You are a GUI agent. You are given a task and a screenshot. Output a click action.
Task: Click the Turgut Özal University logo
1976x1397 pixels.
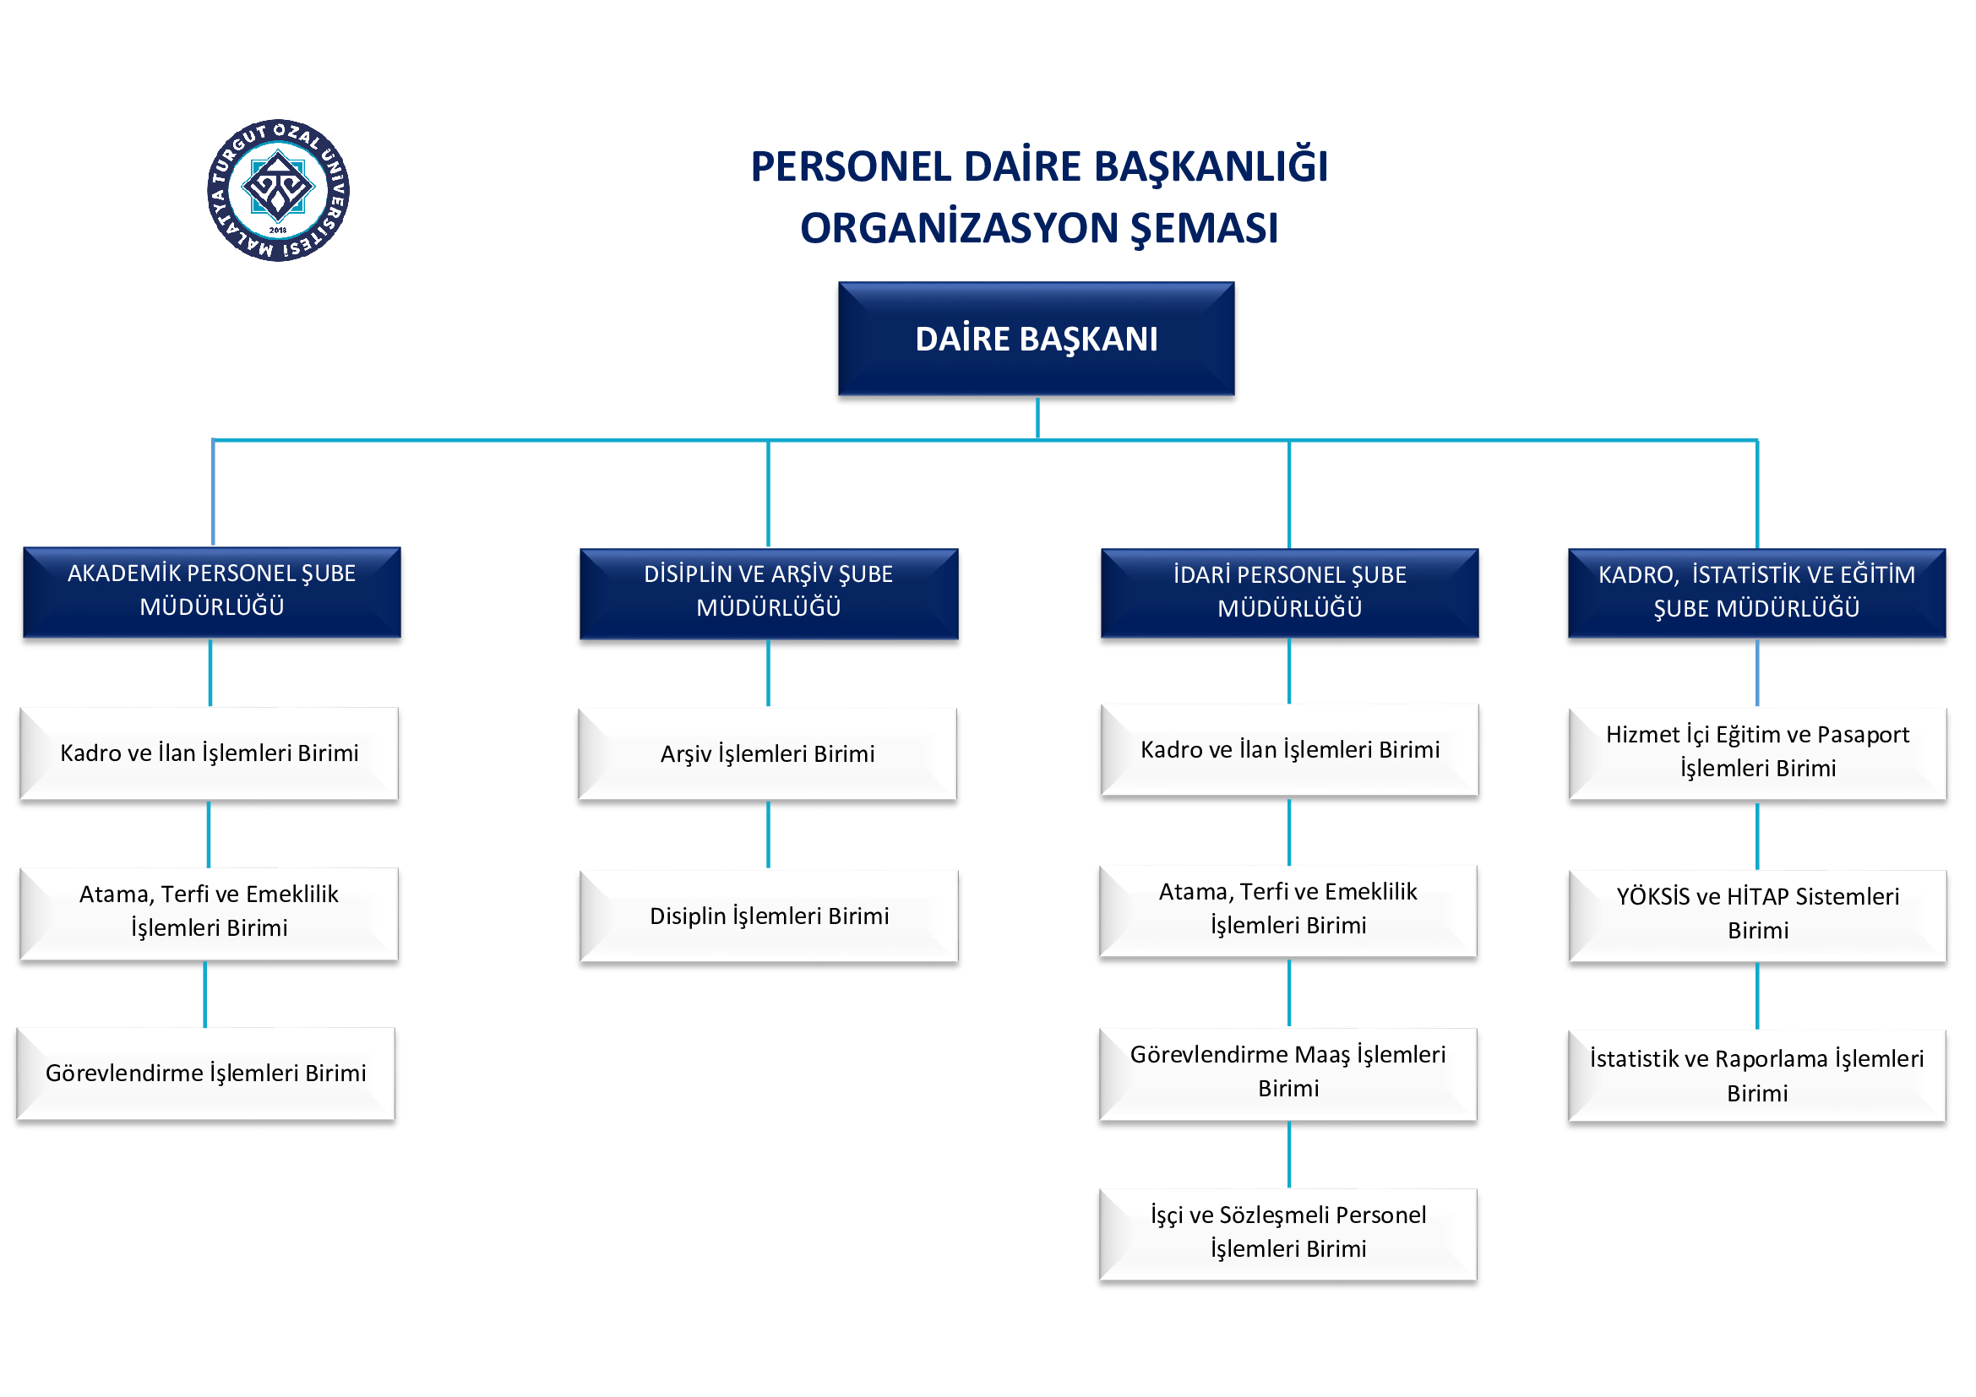[277, 190]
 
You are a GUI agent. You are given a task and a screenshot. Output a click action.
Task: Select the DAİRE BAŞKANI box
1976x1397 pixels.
[1037, 339]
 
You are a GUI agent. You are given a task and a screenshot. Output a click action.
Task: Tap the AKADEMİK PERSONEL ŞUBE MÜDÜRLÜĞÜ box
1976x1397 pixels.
[212, 591]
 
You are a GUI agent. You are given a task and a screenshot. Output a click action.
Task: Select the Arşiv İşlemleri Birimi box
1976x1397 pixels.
[767, 753]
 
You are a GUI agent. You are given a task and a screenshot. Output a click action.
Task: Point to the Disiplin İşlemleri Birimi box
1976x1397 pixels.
[769, 916]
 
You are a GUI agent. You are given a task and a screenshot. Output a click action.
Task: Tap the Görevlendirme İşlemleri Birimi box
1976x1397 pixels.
[205, 1073]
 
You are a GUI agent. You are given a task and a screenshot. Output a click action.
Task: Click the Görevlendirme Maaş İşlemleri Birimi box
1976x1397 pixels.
[1287, 1072]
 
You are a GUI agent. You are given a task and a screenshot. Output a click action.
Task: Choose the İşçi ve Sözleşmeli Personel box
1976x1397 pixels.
[1287, 1232]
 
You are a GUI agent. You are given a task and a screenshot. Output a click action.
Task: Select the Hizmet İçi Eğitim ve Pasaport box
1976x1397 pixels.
[1756, 752]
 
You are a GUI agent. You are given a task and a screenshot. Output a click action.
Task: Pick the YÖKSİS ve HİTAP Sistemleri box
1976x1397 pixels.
[1756, 914]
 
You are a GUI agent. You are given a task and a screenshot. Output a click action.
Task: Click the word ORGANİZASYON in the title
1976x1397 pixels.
[957, 229]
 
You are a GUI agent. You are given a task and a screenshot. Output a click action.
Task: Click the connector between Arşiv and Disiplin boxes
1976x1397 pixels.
[769, 834]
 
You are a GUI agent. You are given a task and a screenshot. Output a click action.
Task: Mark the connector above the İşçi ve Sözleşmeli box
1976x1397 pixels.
[1288, 1155]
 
